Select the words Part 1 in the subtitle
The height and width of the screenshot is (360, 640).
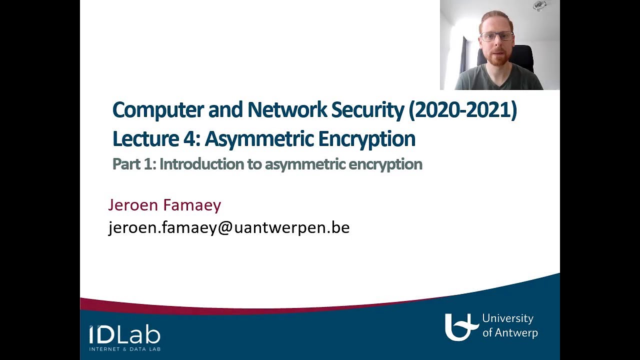[133, 164]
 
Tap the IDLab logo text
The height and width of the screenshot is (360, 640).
[124, 334]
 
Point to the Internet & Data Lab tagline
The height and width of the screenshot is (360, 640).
[124, 348]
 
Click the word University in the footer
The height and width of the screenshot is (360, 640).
[507, 318]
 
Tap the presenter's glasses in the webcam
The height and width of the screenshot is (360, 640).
[496, 36]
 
